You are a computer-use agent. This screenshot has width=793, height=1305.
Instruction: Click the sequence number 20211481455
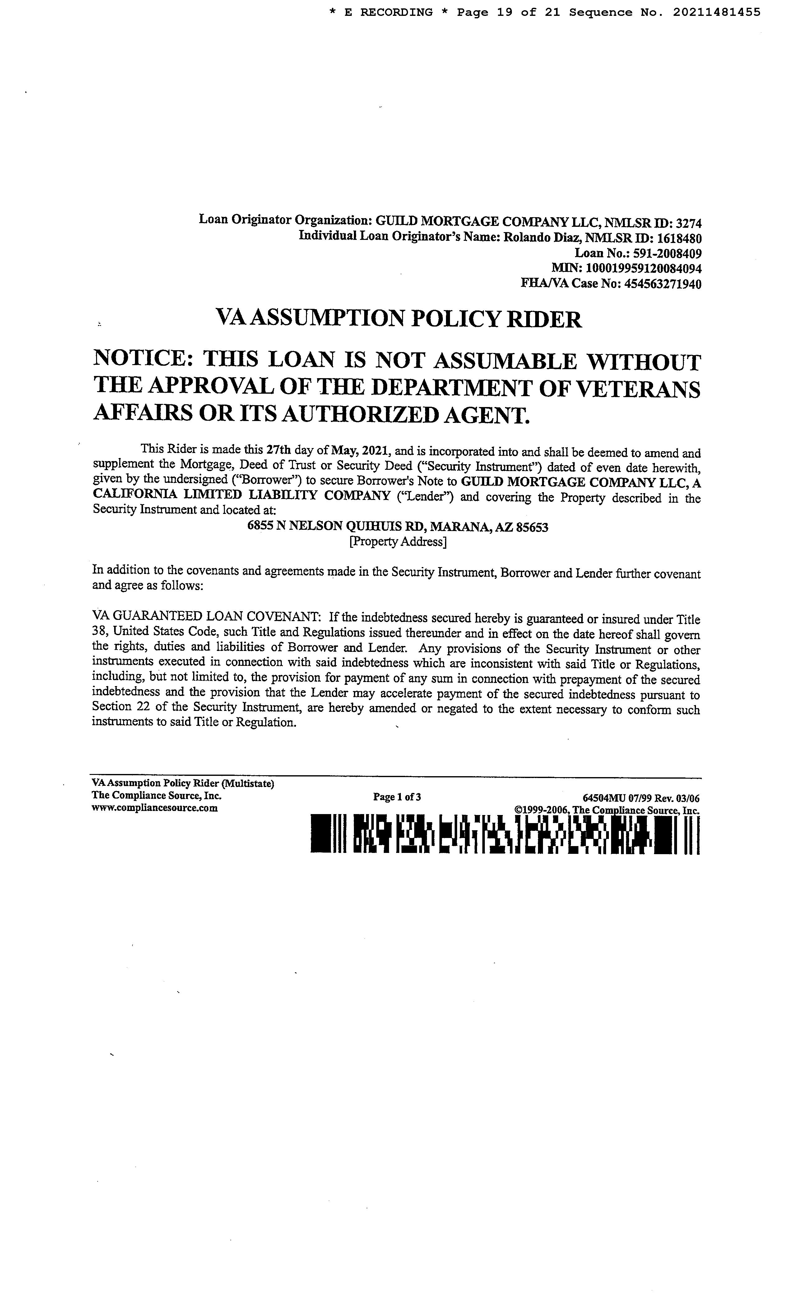coord(717,12)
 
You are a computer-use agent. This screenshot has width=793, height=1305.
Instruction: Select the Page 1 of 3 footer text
coord(397,797)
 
